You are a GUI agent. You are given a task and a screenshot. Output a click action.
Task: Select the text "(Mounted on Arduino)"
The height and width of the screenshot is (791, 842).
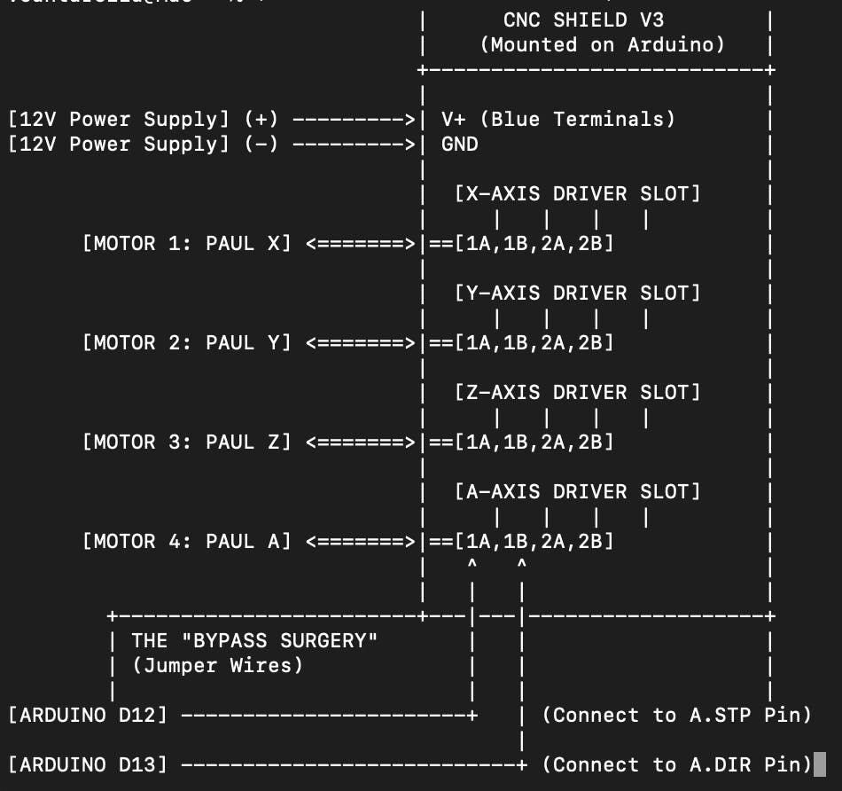tap(602, 44)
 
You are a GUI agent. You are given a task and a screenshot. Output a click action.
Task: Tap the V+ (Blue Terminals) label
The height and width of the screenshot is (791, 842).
tap(558, 119)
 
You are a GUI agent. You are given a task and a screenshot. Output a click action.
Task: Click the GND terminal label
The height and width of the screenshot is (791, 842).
tap(459, 144)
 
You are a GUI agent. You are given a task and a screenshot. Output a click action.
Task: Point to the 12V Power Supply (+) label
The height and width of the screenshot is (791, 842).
tap(142, 119)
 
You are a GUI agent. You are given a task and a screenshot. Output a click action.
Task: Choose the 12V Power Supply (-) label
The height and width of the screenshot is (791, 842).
tap(142, 144)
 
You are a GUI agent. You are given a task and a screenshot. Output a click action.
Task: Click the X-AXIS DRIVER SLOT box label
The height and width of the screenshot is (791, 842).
tap(577, 193)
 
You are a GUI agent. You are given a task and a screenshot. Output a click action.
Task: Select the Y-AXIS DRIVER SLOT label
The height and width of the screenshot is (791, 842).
tap(577, 293)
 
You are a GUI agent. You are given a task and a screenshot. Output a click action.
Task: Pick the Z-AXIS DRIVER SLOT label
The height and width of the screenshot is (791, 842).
tap(577, 392)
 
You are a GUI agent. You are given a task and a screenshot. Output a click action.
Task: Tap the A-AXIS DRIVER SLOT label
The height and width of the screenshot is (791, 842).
tap(577, 491)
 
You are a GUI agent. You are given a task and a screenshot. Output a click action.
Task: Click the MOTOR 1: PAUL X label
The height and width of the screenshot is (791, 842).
tap(186, 243)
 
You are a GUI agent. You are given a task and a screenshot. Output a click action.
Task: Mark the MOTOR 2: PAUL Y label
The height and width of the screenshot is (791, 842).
tap(186, 342)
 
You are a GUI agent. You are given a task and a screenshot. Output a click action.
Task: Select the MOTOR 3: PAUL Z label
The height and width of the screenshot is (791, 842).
tap(186, 442)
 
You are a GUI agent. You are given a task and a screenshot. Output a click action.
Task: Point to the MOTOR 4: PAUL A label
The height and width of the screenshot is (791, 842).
tap(186, 541)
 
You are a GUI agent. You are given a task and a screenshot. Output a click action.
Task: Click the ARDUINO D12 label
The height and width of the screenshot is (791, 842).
tap(87, 715)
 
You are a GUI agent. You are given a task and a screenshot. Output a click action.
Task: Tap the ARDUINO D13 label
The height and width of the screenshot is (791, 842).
tap(87, 764)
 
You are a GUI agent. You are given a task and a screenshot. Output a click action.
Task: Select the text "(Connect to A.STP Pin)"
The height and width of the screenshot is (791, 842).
tap(676, 715)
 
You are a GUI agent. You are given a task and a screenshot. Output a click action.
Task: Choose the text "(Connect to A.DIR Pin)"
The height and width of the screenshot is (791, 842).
tap(676, 764)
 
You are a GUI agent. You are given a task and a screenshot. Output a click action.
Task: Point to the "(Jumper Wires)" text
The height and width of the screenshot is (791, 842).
tap(217, 665)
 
